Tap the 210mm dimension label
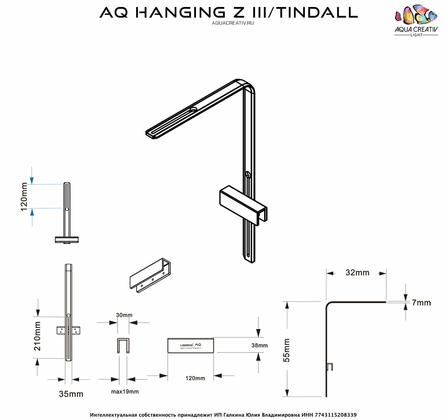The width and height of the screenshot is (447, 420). click(38, 336)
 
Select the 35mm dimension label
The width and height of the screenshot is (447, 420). click(71, 394)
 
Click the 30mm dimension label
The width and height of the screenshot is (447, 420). click(124, 315)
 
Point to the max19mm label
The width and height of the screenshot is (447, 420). click(125, 391)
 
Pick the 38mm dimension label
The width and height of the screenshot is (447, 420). click(259, 345)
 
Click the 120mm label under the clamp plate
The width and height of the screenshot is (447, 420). click(195, 378)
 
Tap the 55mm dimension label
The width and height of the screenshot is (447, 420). click(287, 350)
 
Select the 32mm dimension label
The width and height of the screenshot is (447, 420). click(357, 272)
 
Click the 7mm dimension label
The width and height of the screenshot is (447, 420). click(421, 303)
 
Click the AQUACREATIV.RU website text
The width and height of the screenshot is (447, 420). click(233, 23)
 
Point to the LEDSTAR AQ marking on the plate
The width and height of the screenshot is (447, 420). click(191, 346)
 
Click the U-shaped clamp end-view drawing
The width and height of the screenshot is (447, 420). click(123, 346)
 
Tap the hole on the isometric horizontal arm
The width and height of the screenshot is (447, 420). click(193, 109)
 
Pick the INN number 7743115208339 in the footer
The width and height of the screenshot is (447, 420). click(336, 415)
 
